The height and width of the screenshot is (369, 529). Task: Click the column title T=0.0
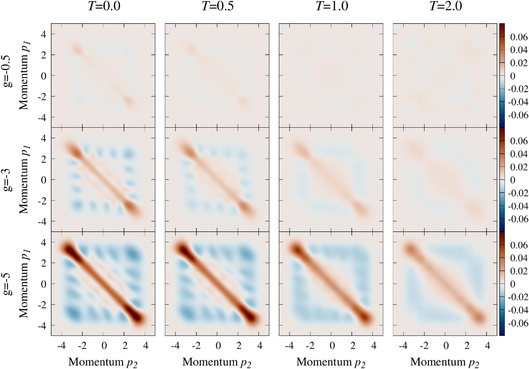(104, 6)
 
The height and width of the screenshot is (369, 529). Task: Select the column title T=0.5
(218, 6)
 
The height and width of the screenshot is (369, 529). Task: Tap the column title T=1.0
(332, 6)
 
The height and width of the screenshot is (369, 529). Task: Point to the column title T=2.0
(446, 6)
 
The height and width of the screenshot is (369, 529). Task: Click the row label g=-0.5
(8, 71)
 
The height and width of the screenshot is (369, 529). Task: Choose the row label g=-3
(8, 180)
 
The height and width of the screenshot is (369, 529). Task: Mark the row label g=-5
(8, 284)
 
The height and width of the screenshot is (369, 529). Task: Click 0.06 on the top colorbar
(519, 37)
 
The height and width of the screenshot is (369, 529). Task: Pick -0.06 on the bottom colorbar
(518, 323)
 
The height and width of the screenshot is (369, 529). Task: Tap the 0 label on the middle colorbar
(513, 180)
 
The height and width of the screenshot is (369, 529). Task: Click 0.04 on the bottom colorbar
(519, 258)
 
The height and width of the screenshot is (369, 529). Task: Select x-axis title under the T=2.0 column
(445, 362)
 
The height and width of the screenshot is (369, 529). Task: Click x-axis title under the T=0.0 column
(103, 362)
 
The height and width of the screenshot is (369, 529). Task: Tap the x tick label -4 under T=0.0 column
(61, 346)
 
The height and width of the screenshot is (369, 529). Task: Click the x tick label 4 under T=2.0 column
(487, 346)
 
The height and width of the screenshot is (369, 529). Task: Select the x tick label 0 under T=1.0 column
(332, 346)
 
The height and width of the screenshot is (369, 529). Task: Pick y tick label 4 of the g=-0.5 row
(43, 34)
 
